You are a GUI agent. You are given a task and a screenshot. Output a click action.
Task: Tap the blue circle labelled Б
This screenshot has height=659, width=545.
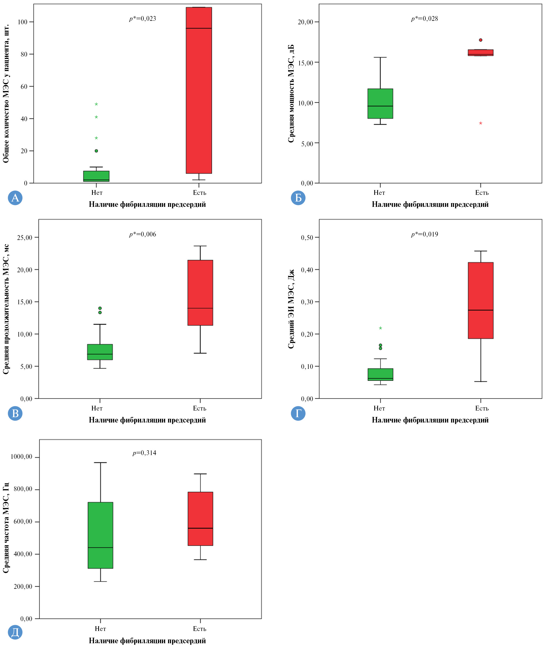point(298,198)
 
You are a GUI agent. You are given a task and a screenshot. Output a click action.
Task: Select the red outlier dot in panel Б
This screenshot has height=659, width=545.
point(480,40)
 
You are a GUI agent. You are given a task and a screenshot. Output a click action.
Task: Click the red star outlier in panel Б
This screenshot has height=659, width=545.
point(480,123)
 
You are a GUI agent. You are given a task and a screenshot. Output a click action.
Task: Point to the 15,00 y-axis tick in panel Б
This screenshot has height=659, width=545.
point(305,63)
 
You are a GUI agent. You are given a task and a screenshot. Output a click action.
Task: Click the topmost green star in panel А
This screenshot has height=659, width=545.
point(96,104)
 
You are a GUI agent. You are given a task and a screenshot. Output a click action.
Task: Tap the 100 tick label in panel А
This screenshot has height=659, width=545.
point(23,22)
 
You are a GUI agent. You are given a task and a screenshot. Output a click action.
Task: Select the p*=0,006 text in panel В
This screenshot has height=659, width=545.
point(142,234)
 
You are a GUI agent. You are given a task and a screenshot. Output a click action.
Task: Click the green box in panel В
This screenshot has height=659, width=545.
point(100,352)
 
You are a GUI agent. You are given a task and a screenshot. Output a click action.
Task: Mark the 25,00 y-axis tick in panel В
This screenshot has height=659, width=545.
point(25,238)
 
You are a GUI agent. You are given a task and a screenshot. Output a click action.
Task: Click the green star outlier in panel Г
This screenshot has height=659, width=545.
point(380,328)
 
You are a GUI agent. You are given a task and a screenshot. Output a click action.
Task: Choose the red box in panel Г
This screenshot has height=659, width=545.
point(480,300)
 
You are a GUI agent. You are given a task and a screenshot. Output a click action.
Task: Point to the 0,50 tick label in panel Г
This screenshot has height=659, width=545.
point(307,238)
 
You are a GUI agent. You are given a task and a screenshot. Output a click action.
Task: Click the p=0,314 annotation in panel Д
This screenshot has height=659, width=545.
point(144,453)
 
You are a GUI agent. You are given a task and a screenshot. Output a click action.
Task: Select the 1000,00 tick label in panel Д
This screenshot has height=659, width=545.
point(22,457)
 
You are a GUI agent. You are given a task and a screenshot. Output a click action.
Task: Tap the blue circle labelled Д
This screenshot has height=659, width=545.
point(15,632)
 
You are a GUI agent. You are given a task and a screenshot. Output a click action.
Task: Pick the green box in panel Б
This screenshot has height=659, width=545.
point(380,104)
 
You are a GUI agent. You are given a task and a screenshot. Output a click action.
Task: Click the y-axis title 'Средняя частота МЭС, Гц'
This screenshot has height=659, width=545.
point(6,528)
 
